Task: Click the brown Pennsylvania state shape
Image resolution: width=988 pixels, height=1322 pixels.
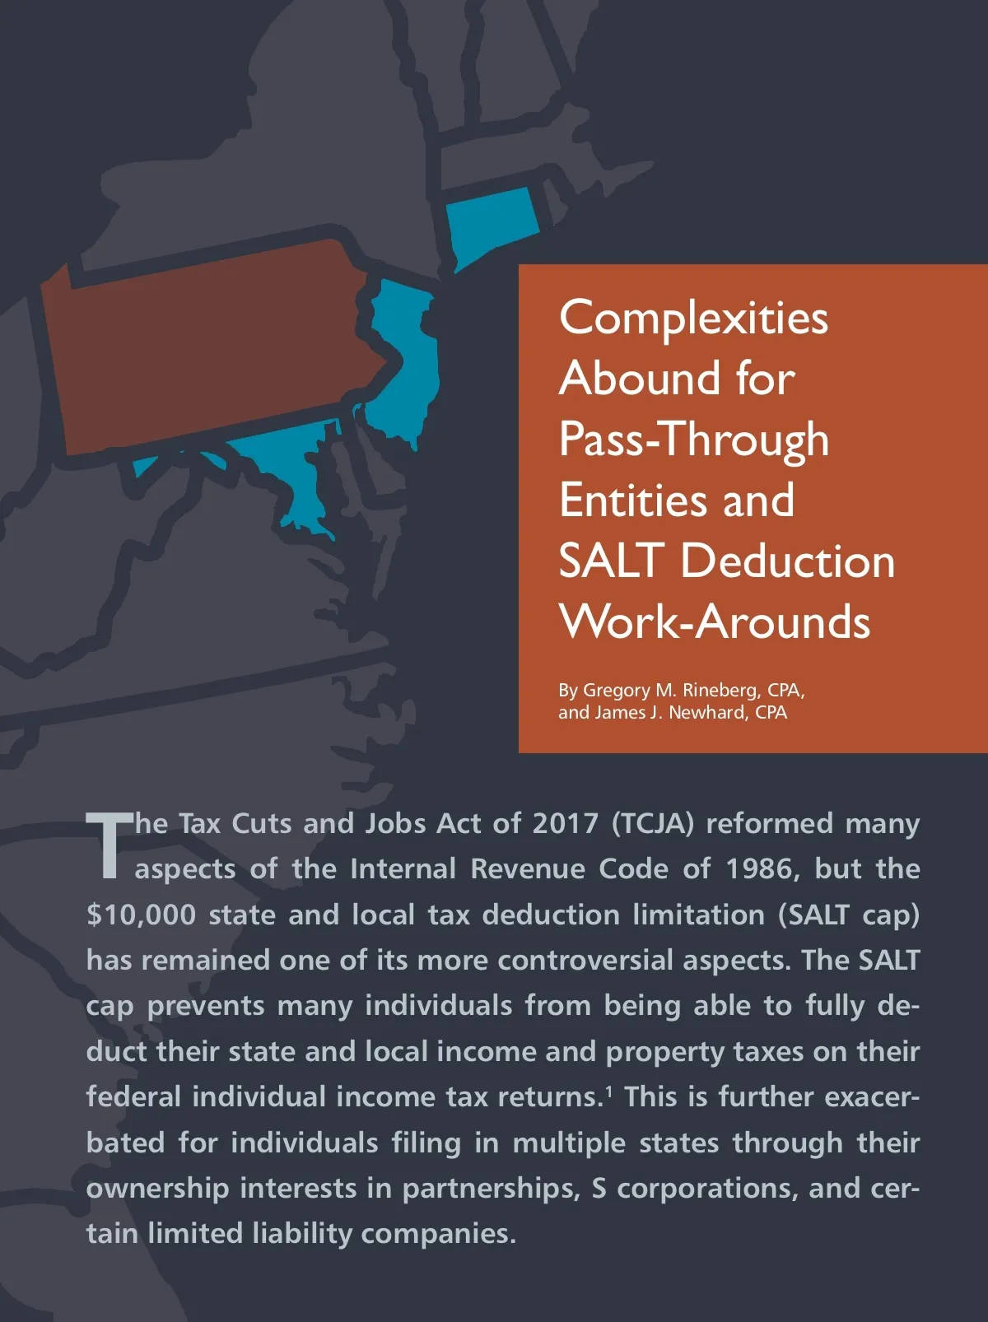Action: point(206,346)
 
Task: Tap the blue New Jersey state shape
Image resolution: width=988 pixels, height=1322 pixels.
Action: point(408,362)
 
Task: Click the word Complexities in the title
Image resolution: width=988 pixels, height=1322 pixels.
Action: point(693,318)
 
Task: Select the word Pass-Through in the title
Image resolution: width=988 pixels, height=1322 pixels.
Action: point(693,439)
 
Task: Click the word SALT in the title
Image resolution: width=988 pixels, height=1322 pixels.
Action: point(611,561)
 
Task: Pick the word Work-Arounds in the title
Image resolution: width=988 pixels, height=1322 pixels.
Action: point(714,621)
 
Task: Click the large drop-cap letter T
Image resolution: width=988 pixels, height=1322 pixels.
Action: point(109,845)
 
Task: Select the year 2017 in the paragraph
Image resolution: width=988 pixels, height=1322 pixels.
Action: point(565,823)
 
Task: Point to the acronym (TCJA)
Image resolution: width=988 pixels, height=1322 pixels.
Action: point(652,823)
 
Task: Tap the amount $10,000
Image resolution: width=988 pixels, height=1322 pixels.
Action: point(141,915)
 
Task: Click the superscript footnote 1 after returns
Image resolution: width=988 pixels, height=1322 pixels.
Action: point(609,1091)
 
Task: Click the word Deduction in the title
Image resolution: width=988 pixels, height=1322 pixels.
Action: point(787,561)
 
